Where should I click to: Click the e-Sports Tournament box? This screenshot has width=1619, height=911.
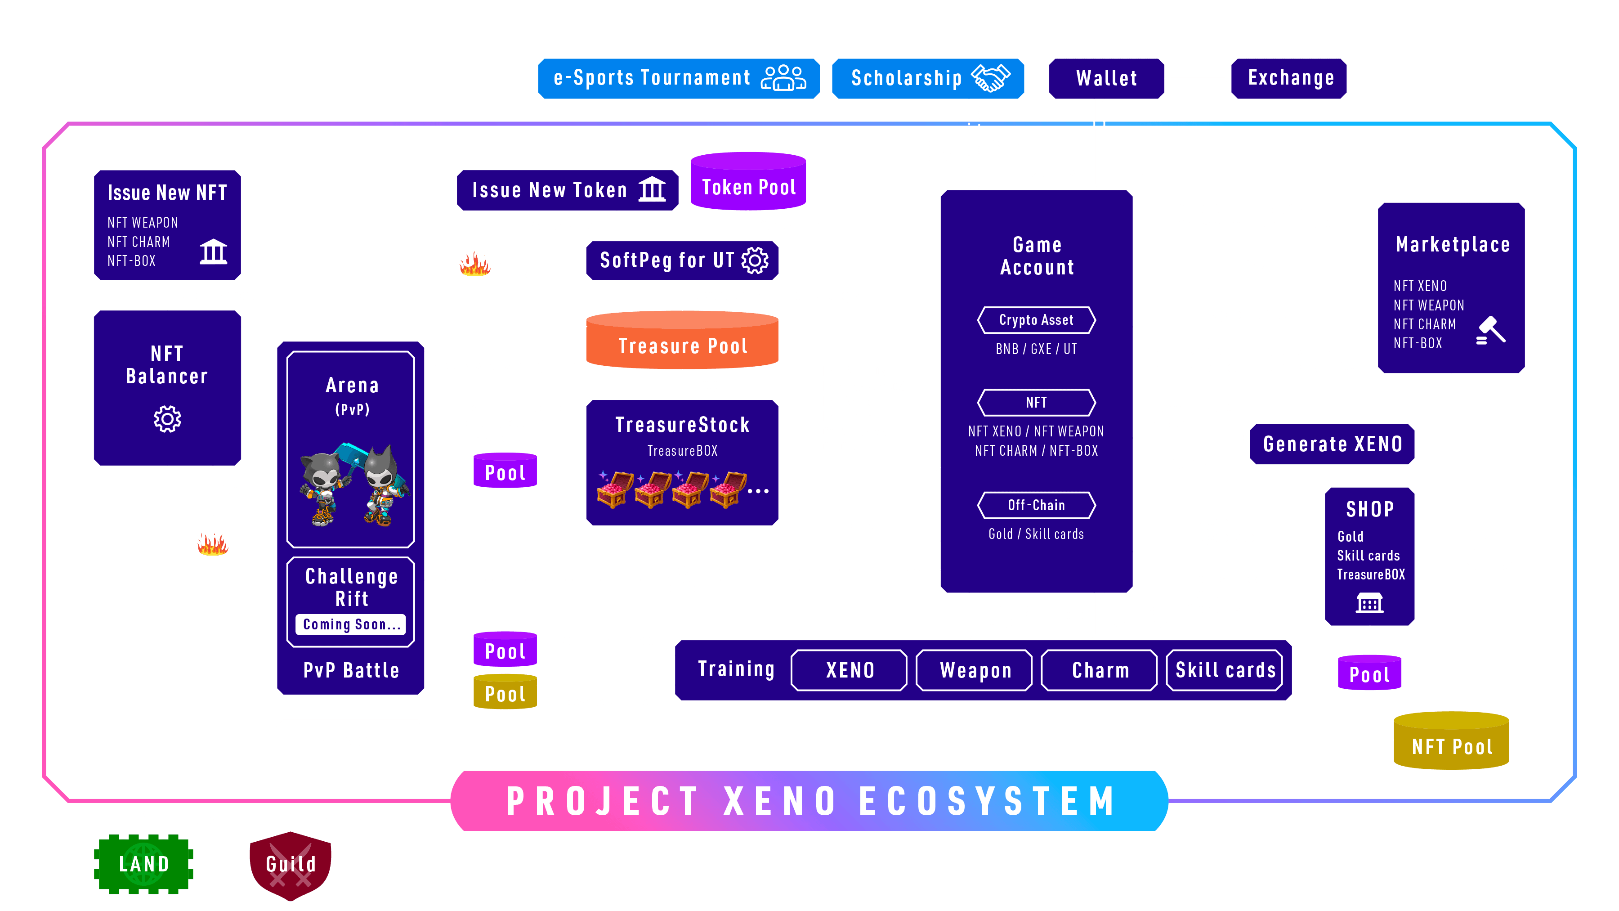678,79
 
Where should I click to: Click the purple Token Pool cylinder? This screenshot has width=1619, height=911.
748,182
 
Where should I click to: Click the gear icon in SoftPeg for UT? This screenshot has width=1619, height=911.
755,260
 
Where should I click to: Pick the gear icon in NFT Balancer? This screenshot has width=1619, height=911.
167,419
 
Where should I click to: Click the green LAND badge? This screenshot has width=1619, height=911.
144,864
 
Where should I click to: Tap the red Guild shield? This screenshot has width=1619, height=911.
291,865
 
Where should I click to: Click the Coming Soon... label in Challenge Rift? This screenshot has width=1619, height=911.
351,624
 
